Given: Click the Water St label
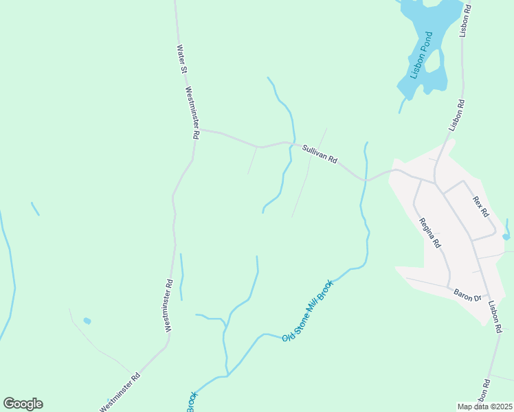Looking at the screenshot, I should (x=182, y=59).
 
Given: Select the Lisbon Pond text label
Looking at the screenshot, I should (x=423, y=55).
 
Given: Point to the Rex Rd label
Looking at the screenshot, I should (x=480, y=203).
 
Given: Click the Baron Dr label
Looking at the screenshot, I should (x=468, y=295).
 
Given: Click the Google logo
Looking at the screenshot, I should (x=23, y=404).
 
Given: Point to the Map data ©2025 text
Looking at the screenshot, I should (x=484, y=407).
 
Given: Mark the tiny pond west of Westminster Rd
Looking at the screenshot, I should (x=87, y=321).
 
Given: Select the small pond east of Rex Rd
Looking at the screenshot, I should (x=506, y=236).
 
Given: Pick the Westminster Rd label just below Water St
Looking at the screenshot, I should (x=192, y=113).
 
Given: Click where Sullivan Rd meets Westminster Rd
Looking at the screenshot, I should (x=199, y=129).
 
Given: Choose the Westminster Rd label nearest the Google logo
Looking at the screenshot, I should (x=120, y=392).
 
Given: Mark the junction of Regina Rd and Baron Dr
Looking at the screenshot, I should (x=449, y=287).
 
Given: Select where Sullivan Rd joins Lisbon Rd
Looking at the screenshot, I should (x=434, y=183).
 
